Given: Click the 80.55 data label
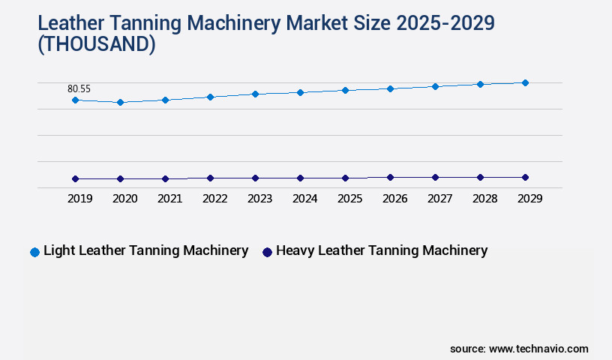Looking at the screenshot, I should click(x=79, y=88).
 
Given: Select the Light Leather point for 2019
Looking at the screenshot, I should click(x=75, y=100).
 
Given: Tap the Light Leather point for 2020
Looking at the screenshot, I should click(x=120, y=102).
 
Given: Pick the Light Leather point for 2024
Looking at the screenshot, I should click(x=300, y=92).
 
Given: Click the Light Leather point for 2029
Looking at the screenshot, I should click(x=525, y=82).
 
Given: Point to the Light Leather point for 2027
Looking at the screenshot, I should click(x=435, y=86).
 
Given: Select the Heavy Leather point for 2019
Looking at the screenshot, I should click(x=75, y=178).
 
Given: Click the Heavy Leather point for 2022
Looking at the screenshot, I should click(x=210, y=178).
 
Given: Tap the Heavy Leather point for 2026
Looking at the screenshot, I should click(x=390, y=177).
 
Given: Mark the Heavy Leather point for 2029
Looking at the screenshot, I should click(x=525, y=177).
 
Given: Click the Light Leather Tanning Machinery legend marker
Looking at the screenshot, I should click(x=34, y=252).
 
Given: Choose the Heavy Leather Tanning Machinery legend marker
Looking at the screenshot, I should click(x=267, y=252).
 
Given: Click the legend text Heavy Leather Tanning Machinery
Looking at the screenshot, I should click(x=382, y=251).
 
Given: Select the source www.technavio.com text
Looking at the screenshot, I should click(x=519, y=349).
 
